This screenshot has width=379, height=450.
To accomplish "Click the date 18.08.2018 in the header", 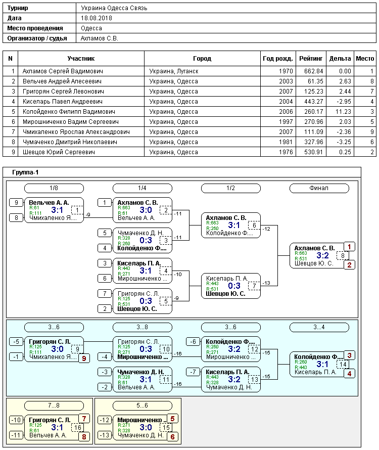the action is [97, 18].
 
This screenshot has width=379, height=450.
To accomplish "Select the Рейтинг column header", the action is [311, 59].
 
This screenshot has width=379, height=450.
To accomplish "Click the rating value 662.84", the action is [314, 71].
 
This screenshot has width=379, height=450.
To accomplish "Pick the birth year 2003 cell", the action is [286, 81].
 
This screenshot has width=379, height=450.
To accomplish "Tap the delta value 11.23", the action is [343, 112].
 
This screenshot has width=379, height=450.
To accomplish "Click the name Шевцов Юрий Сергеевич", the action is [59, 152].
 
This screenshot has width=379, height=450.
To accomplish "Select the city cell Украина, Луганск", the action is [174, 71].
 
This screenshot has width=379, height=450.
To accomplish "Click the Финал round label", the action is [319, 188].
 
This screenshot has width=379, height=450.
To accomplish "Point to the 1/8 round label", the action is [54, 188].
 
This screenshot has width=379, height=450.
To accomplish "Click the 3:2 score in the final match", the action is [322, 255].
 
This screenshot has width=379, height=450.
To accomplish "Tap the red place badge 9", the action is [84, 358].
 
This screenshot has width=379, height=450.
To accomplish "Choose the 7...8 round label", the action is [54, 406].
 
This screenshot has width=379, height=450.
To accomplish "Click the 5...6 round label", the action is [143, 406].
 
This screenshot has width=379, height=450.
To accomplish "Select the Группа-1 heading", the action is [25, 172].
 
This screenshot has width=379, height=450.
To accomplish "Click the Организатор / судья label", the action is [37, 38].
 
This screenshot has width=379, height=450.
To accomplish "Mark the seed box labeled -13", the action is [105, 435].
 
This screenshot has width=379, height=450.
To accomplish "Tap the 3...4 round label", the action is [319, 327].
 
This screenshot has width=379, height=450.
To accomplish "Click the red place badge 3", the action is [350, 355].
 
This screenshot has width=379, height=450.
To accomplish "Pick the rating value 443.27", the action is [314, 102].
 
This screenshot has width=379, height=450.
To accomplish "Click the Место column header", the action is [365, 59].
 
